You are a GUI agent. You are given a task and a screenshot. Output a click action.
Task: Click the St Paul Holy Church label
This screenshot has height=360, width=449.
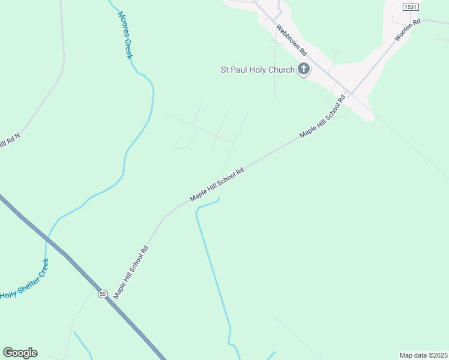[256, 70]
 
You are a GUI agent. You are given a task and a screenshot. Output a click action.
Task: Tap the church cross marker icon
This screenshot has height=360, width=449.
[304, 70]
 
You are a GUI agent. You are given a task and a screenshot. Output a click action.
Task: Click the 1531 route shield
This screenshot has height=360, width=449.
[411, 7]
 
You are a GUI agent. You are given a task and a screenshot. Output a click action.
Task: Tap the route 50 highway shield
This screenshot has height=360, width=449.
[103, 293]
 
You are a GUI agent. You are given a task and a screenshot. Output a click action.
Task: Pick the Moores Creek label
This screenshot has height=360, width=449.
[124, 35]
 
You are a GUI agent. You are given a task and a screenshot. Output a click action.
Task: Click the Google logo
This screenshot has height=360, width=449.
[20, 353]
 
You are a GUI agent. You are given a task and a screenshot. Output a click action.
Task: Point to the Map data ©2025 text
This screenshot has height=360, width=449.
[423, 355]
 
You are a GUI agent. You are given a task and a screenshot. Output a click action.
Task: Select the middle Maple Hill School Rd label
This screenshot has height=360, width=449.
[217, 184]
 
